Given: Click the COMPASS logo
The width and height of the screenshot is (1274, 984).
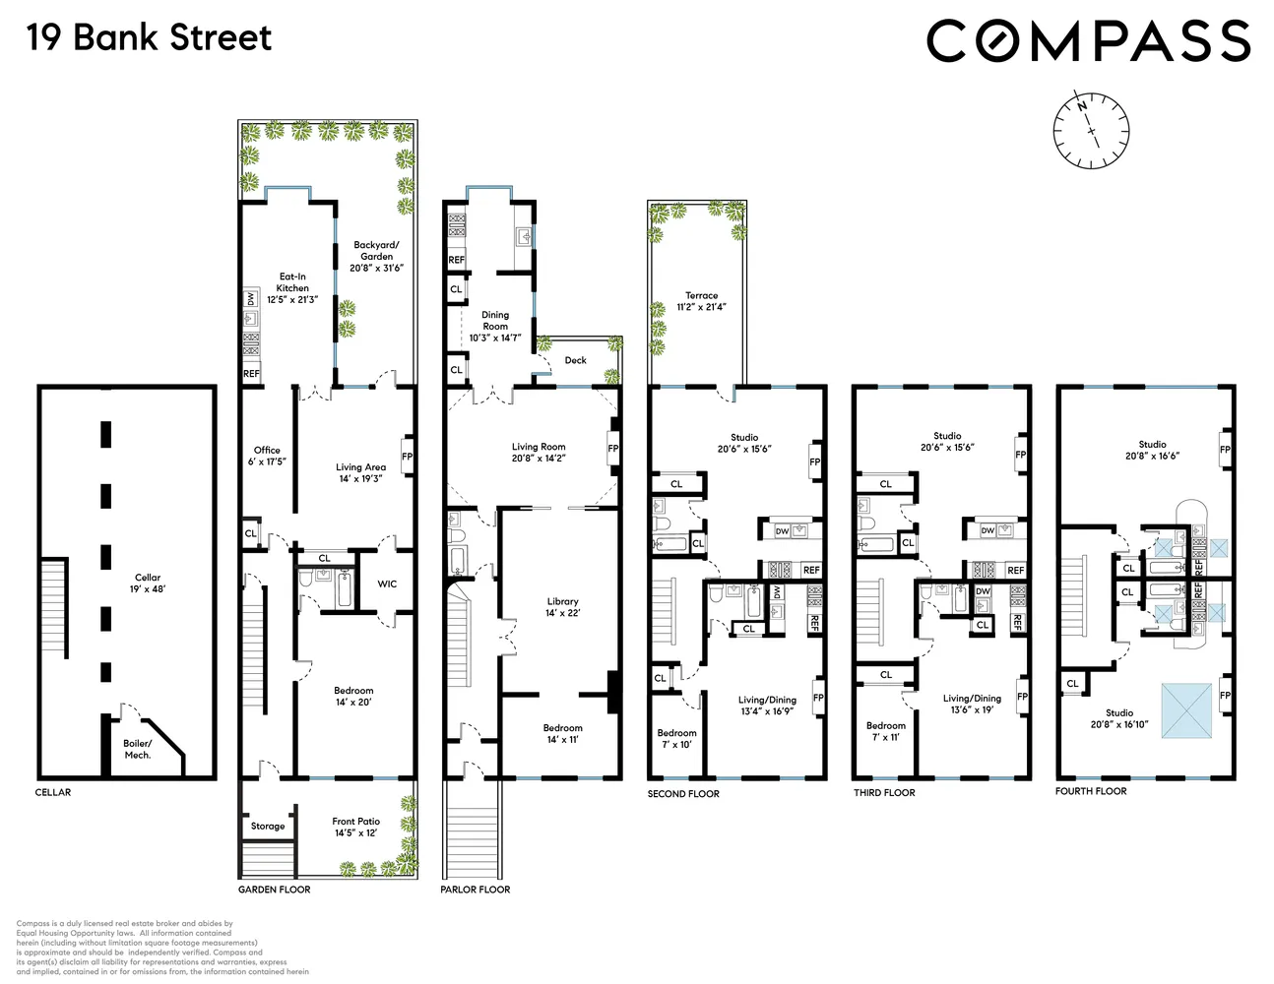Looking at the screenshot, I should pyautogui.click(x=1088, y=41).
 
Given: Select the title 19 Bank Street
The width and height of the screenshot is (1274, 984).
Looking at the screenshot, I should pyautogui.click(x=149, y=38).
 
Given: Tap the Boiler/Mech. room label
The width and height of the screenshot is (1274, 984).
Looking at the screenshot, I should pyautogui.click(x=138, y=750).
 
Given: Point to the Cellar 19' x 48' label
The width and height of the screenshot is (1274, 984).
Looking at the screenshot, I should pyautogui.click(x=148, y=584).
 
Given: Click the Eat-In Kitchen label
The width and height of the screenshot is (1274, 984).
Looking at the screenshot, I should pyautogui.click(x=292, y=288).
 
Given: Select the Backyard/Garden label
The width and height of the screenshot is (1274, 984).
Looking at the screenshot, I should pyautogui.click(x=376, y=256).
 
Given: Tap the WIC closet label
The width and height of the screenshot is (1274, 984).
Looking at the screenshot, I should pyautogui.click(x=387, y=584).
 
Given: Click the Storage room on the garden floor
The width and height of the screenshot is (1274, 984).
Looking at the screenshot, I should pyautogui.click(x=267, y=827).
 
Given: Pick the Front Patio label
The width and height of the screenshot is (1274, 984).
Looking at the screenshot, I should pyautogui.click(x=355, y=827).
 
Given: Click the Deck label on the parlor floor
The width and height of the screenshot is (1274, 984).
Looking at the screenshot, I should pyautogui.click(x=576, y=360).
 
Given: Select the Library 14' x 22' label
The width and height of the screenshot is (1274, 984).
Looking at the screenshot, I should pyautogui.click(x=563, y=607).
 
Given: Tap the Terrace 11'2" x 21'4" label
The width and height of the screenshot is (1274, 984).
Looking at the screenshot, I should pyautogui.click(x=702, y=301).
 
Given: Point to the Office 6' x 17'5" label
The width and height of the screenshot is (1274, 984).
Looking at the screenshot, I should pyautogui.click(x=267, y=456).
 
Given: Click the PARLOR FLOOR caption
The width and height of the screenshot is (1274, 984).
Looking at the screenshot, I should pyautogui.click(x=476, y=890).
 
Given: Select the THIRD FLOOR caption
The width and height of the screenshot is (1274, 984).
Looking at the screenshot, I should pyautogui.click(x=884, y=793).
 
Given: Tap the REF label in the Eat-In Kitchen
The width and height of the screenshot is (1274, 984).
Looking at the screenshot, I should pyautogui.click(x=252, y=374).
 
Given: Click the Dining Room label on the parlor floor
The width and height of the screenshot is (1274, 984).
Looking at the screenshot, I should pyautogui.click(x=495, y=326).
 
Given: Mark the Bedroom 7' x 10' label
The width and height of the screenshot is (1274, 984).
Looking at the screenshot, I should pyautogui.click(x=676, y=739).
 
